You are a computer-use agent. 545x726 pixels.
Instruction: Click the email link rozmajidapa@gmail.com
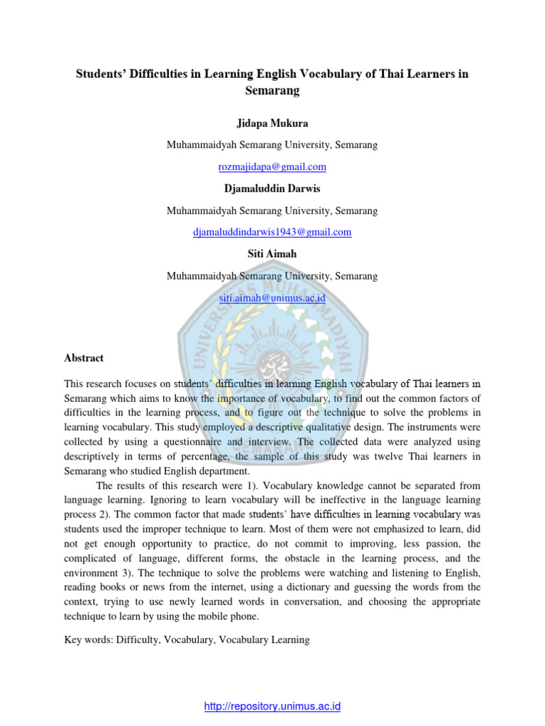[x=272, y=167]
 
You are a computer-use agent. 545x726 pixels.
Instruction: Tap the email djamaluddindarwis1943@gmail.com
[x=272, y=232]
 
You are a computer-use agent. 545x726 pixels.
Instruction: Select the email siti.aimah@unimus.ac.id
[x=272, y=298]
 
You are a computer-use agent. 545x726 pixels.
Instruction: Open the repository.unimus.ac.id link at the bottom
[x=272, y=706]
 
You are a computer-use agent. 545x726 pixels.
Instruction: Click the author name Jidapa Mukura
[x=272, y=123]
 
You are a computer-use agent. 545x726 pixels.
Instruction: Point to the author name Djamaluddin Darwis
[x=272, y=189]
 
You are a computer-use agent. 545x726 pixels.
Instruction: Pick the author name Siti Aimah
[x=272, y=255]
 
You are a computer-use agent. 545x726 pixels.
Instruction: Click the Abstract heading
[x=84, y=358]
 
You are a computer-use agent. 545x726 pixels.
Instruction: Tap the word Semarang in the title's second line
[x=272, y=91]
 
